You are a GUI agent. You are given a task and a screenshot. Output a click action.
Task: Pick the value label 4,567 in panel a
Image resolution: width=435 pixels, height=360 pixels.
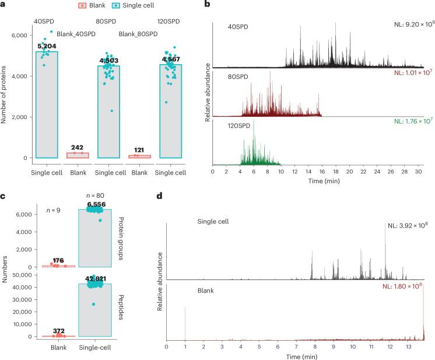point(171,60)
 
